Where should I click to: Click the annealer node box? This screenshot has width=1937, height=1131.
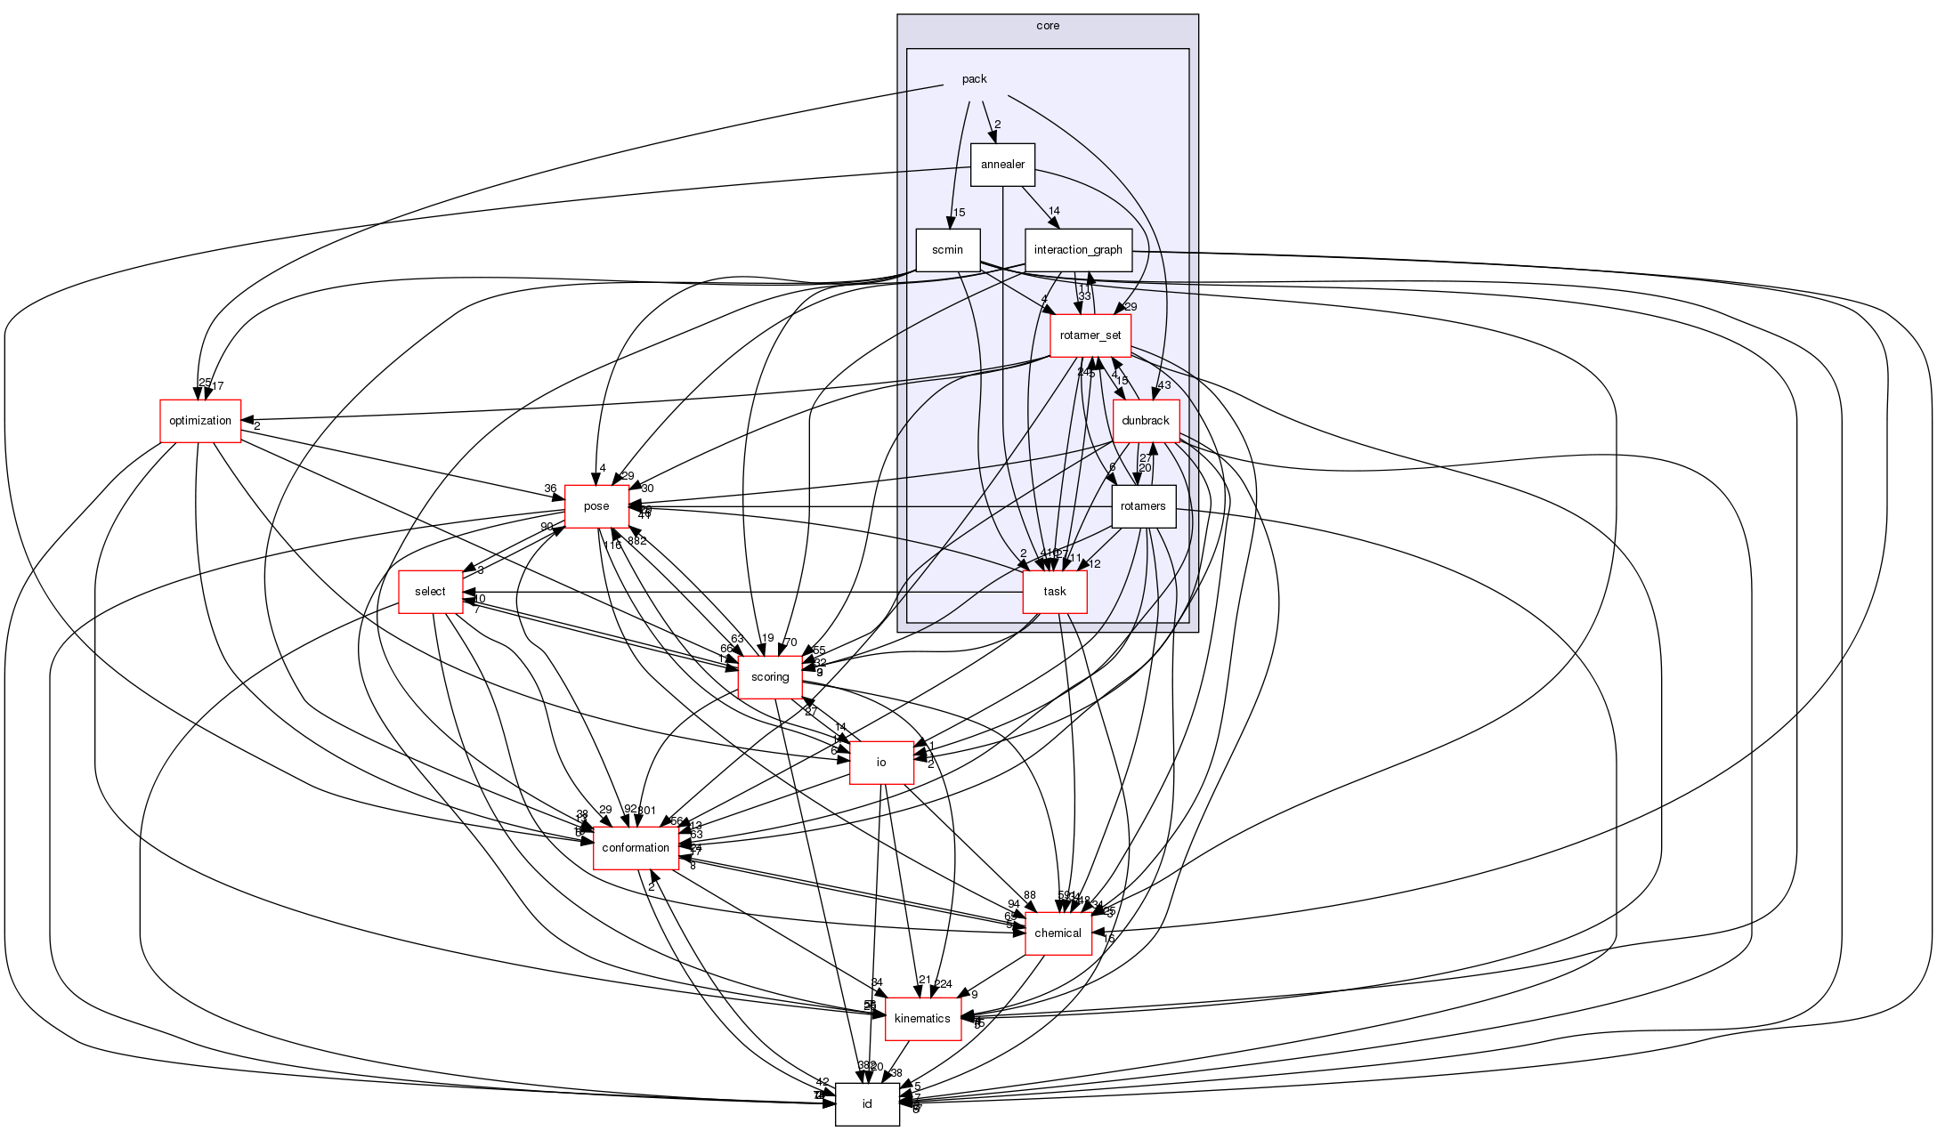[1002, 165]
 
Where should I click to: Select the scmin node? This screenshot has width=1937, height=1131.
[947, 250]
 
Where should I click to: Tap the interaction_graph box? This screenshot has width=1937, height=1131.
[1077, 250]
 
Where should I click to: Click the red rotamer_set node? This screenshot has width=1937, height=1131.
[1090, 335]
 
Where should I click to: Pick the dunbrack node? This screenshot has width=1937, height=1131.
[1146, 421]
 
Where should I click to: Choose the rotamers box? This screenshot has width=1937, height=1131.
[1143, 506]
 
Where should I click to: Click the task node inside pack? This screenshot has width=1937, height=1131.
[1055, 592]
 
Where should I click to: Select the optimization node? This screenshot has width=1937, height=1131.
[200, 421]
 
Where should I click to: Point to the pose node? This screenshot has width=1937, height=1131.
[596, 506]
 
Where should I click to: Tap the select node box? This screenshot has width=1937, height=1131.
[430, 592]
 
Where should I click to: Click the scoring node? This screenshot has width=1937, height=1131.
[770, 677]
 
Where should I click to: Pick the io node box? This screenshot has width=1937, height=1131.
[881, 763]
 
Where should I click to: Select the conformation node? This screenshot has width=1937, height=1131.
[636, 848]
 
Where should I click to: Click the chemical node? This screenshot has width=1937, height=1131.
[1058, 933]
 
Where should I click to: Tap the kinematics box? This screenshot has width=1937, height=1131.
[922, 1019]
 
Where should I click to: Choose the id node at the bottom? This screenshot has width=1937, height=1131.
[867, 1104]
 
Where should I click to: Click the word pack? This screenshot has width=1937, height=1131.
[974, 79]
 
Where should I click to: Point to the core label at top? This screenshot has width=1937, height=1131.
[1048, 26]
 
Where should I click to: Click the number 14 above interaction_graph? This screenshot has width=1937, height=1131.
[1054, 211]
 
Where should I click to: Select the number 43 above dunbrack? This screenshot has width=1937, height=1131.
[1164, 385]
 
